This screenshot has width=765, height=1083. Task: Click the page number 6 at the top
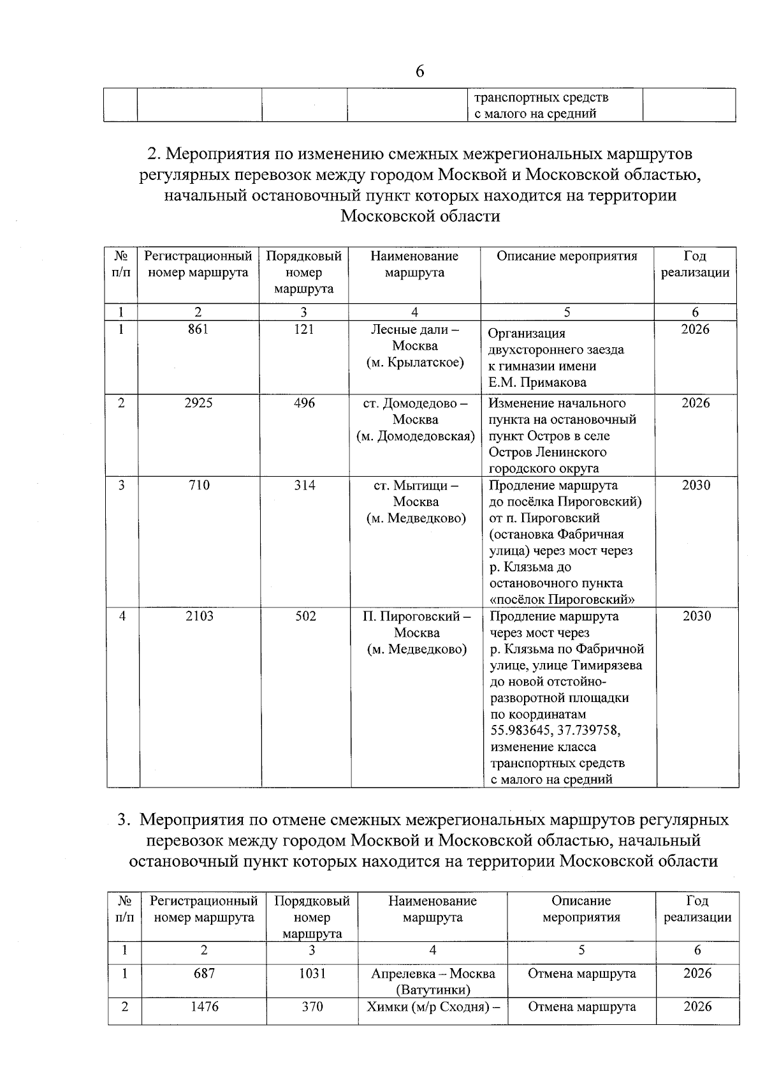coord(419,71)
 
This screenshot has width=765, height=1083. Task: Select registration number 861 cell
coord(198,329)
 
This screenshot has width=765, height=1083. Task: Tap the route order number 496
coord(304,403)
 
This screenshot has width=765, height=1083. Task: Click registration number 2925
coord(198,403)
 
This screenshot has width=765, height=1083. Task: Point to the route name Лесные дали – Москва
coord(415,338)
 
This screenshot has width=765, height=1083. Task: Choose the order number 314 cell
coord(305,486)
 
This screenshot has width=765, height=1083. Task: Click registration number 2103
coord(200,616)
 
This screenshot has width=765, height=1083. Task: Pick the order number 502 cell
coord(305,616)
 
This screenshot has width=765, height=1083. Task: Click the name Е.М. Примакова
coord(537,383)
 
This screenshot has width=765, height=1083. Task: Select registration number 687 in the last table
coord(204,973)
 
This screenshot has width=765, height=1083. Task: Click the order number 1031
coord(312,973)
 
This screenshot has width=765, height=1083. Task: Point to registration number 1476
coord(204,1006)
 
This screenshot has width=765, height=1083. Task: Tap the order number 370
coord(312,1006)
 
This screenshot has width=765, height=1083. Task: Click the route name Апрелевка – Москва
coord(433,974)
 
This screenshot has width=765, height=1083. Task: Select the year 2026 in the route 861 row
coord(695,329)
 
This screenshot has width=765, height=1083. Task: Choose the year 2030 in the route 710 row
coord(696,486)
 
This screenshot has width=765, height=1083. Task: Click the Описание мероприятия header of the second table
coord(567,257)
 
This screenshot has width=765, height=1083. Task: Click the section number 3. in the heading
coord(124,820)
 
